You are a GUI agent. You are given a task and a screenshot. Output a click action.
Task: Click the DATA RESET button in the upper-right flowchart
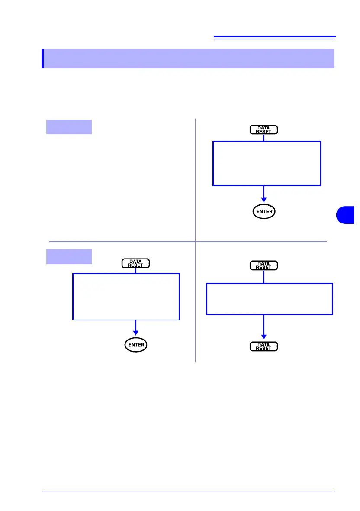[x=264, y=129]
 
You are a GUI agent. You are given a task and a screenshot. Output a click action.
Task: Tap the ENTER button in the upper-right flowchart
[x=264, y=212]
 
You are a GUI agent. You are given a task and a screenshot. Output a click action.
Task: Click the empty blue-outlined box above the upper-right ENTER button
[x=267, y=163]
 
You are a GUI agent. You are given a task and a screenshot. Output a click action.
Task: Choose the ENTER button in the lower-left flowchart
[x=135, y=345]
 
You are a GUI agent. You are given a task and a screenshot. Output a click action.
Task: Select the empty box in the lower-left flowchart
[x=126, y=297]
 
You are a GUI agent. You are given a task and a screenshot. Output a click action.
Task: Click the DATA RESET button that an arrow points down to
[x=264, y=346]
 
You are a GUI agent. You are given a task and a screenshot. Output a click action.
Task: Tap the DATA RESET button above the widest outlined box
[x=264, y=265]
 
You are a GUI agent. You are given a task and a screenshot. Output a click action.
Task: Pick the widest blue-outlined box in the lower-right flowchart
[x=270, y=299]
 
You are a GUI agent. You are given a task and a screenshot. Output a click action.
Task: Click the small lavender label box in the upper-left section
[x=69, y=126]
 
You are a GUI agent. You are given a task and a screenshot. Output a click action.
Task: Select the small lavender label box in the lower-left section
[x=69, y=256]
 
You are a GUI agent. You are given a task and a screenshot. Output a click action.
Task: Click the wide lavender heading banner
[x=189, y=58]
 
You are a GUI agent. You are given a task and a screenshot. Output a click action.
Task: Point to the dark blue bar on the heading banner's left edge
[x=43, y=58]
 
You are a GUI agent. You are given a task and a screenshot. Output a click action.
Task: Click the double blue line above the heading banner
[x=274, y=38]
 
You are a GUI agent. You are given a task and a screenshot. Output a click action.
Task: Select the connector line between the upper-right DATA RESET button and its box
[x=264, y=137]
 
